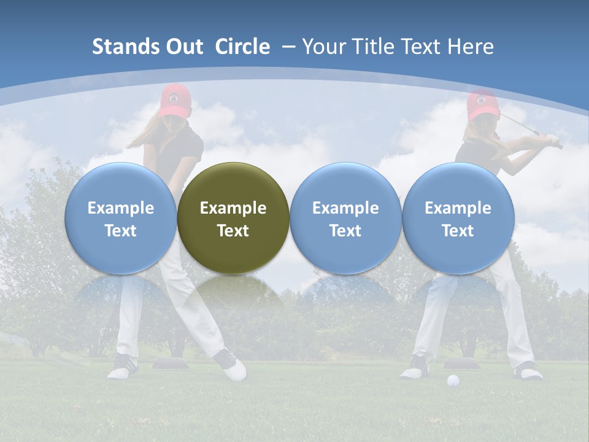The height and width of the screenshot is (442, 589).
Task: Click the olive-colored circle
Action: tap(233, 218)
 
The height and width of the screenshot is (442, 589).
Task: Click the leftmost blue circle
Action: tap(120, 218)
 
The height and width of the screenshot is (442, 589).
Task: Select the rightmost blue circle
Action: tap(458, 218)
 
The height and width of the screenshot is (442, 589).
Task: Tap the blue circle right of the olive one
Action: tap(345, 218)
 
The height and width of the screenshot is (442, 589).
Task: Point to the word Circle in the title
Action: tap(242, 47)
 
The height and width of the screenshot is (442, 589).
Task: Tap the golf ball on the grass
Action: tap(453, 381)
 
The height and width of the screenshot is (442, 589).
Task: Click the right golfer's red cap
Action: tap(482, 104)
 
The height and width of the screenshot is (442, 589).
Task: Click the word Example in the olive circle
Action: tap(233, 208)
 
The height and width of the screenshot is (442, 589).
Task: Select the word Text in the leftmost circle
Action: tap(120, 231)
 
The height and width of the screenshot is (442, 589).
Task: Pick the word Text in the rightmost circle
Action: tap(458, 231)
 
